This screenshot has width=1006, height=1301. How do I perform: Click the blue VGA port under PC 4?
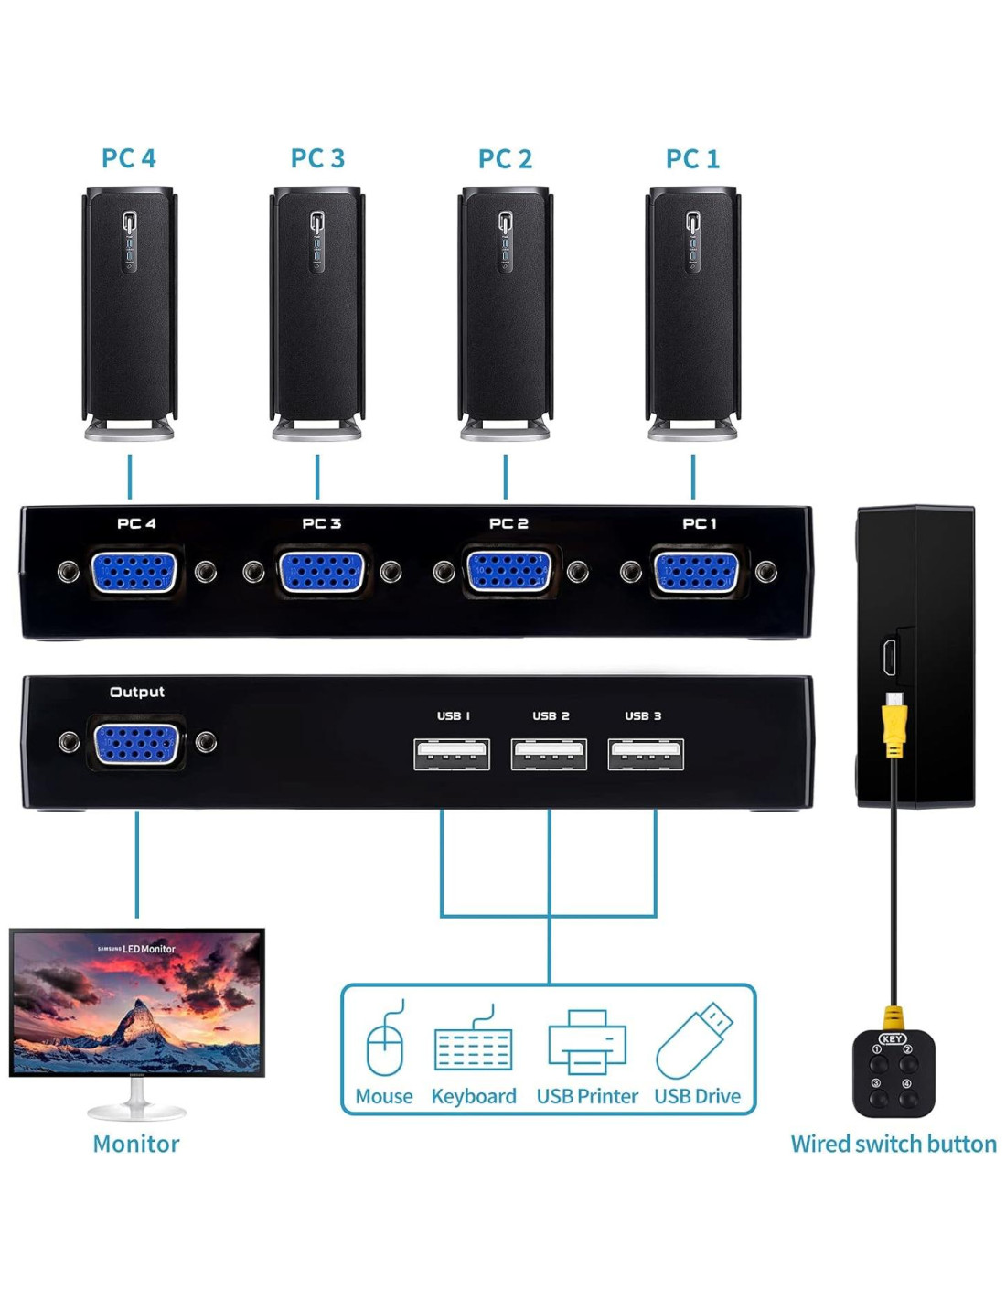tap(134, 573)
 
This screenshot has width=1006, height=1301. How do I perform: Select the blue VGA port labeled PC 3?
tap(320, 573)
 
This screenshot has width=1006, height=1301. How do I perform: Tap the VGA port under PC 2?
tap(508, 573)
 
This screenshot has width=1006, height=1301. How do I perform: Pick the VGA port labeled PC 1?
tap(695, 573)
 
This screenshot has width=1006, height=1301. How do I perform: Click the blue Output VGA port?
tap(136, 743)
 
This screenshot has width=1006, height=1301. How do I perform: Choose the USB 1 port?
tap(452, 755)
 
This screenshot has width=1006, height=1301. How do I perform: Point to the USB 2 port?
tap(549, 755)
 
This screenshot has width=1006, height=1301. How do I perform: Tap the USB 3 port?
tap(646, 755)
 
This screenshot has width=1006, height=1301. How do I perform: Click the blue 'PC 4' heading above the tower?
tap(129, 158)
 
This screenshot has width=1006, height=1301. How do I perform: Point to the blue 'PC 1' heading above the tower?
tap(692, 158)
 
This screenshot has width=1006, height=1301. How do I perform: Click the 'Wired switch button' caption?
tap(894, 1144)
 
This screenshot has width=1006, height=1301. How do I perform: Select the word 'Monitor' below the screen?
tap(136, 1144)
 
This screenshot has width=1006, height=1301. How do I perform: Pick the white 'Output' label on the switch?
tap(137, 692)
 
